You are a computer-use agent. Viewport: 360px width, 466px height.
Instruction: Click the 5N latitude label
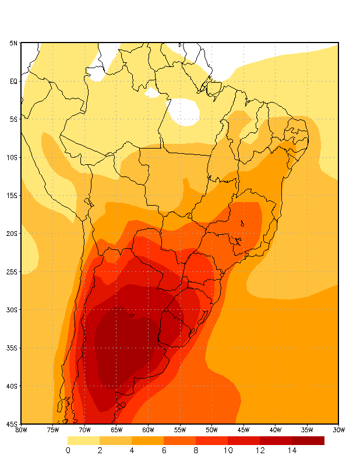pyautogui.click(x=13, y=43)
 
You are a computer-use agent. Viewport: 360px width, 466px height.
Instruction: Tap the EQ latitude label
pyautogui.click(x=13, y=81)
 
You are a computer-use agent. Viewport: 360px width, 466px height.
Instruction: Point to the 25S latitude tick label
pyautogui.click(x=12, y=271)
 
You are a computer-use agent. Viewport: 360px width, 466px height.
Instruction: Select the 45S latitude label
pyautogui.click(x=12, y=424)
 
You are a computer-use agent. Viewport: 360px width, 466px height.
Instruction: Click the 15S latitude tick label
pyautogui.click(x=12, y=196)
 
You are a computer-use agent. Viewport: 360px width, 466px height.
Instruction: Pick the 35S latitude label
pyautogui.click(x=12, y=348)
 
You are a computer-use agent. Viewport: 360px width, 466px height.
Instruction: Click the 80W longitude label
pyautogui.click(x=21, y=430)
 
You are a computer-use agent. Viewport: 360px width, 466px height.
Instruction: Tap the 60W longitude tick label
pyautogui.click(x=148, y=430)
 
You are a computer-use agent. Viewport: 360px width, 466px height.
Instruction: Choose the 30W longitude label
pyautogui.click(x=338, y=430)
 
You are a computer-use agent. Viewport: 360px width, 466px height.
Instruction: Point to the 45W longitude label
pyautogui.click(x=243, y=430)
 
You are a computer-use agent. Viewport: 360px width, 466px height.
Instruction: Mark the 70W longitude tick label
pyautogui.click(x=84, y=430)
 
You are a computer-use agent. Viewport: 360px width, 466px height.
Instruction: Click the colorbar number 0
pyautogui.click(x=68, y=450)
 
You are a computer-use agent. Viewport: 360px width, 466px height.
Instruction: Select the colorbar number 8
pyautogui.click(x=196, y=450)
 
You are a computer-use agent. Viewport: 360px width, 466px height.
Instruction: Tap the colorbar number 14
pyautogui.click(x=292, y=450)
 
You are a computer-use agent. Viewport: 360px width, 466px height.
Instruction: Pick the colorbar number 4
pyautogui.click(x=132, y=450)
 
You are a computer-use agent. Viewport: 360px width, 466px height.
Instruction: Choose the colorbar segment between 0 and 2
pyautogui.click(x=84, y=440)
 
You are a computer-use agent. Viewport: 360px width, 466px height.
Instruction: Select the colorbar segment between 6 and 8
pyautogui.click(x=180, y=440)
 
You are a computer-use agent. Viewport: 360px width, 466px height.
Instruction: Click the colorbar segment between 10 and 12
pyautogui.click(x=244, y=440)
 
